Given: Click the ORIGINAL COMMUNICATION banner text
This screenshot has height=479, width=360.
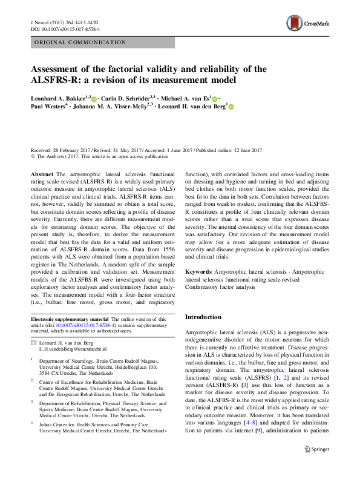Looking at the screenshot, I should point(80,42).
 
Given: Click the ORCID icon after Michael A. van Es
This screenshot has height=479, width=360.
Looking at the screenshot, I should point(215,98).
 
